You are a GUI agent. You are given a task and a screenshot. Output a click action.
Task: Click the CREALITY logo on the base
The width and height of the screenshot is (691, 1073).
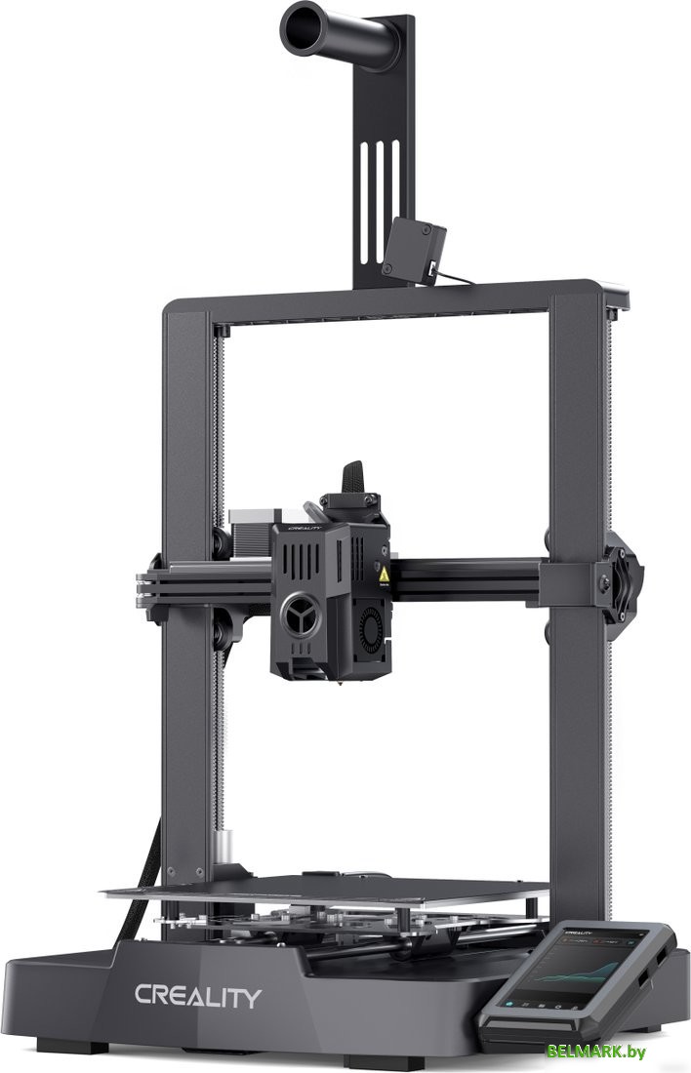pos(198,996)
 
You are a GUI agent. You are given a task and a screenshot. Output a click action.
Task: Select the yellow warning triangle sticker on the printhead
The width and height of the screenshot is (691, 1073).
pos(385,576)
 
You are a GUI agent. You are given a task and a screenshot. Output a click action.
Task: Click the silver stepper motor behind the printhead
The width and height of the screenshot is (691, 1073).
pos(256,522)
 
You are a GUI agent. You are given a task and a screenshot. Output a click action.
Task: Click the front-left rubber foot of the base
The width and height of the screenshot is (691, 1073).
pos(93,1047)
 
